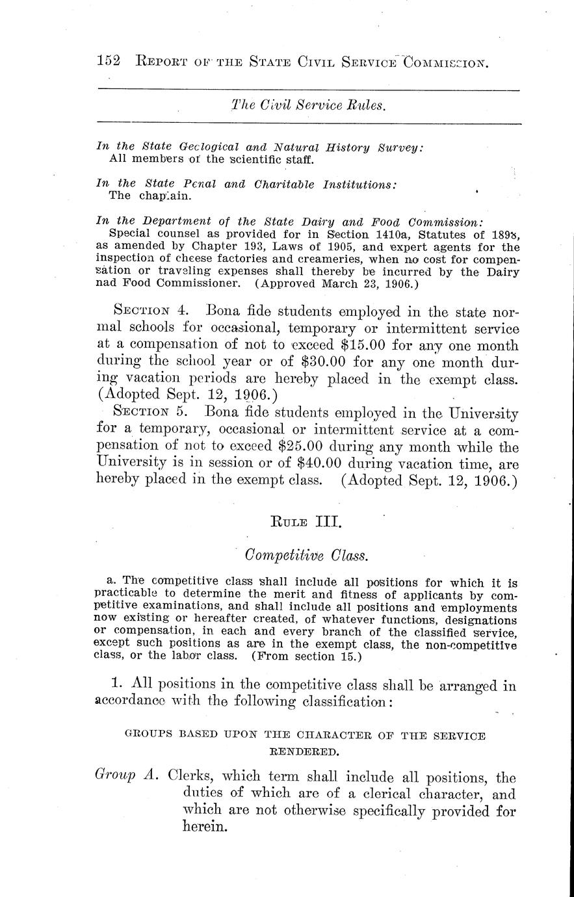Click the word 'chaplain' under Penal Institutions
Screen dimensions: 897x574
tap(151, 195)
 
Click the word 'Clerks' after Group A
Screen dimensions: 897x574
tap(191, 776)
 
